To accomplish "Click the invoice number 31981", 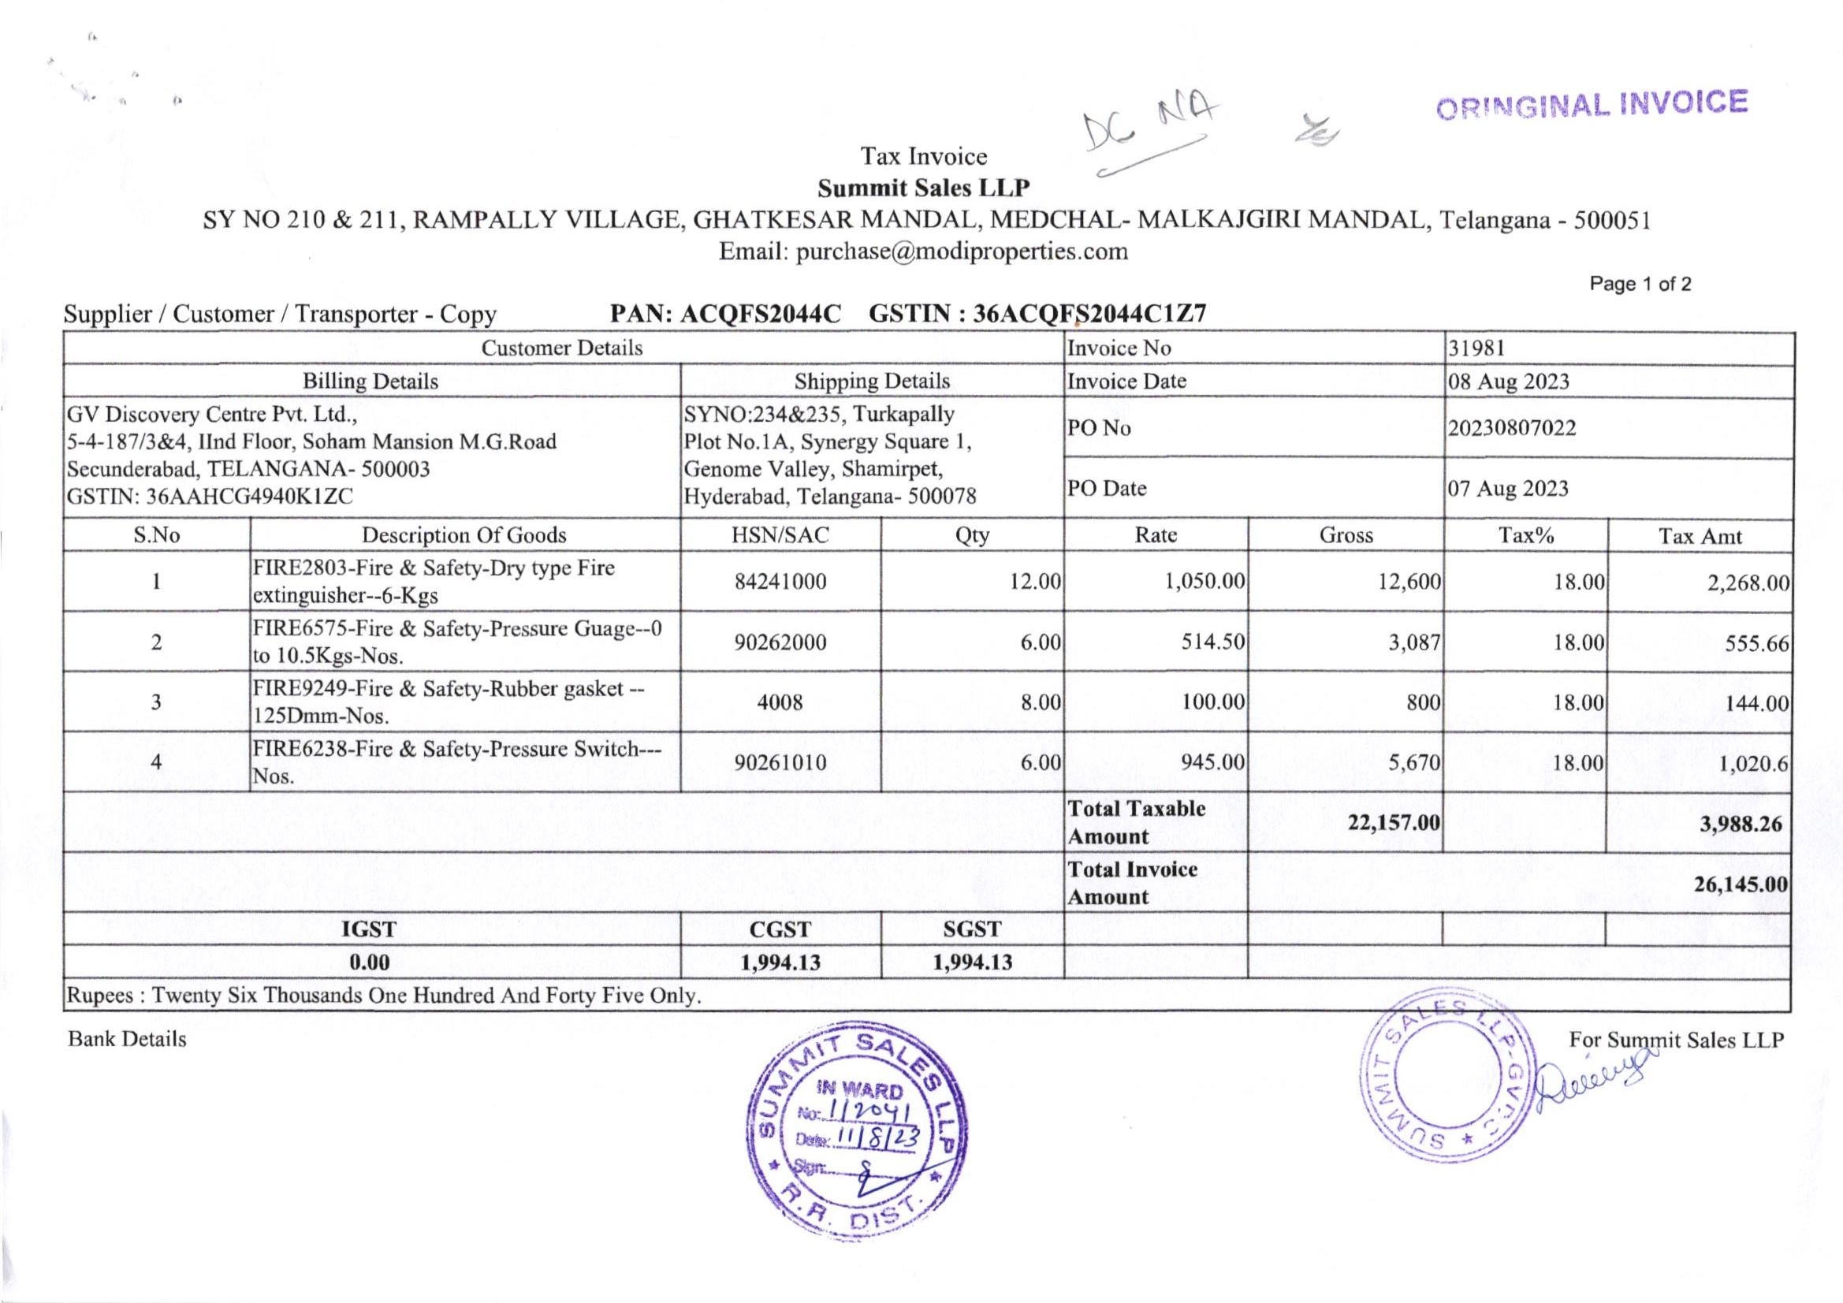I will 1476,348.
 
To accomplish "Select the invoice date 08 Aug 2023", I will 1508,382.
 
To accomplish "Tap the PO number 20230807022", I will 1512,428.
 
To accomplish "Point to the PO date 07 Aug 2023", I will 1508,489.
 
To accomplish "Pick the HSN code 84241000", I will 780,582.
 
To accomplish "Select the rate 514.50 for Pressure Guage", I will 1212,642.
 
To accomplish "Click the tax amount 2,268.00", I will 1748,583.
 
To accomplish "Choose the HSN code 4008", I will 780,702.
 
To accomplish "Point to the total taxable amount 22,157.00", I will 1394,823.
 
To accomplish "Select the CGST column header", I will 780,929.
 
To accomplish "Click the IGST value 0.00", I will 369,962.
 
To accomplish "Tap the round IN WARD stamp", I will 857,1132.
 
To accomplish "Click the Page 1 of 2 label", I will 1640,285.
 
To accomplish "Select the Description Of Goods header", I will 464,535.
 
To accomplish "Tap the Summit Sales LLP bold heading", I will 923,188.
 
